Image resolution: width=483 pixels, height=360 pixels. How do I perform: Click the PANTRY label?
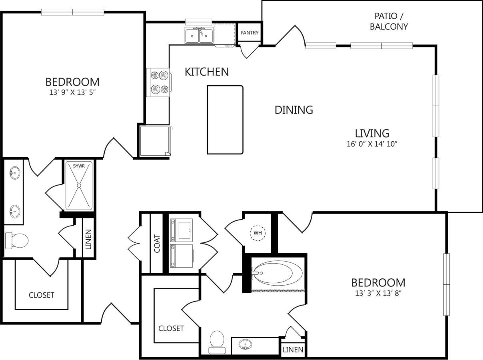point(249,33)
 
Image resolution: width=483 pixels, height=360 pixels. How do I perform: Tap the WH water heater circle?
point(258,232)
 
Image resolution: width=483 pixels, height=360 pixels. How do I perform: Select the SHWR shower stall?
point(79,185)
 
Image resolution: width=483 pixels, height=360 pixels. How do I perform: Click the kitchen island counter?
point(225,120)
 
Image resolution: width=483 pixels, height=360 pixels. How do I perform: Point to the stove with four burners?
point(158,82)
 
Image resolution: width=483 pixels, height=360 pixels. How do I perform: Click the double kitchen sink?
point(199,35)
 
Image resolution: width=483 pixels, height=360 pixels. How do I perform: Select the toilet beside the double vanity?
point(16,240)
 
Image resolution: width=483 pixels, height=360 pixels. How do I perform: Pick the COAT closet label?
point(157,243)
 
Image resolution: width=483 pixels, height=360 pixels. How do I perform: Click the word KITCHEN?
point(207,72)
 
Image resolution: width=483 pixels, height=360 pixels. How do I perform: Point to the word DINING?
point(293,110)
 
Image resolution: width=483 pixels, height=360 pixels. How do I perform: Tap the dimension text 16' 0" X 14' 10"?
point(372,144)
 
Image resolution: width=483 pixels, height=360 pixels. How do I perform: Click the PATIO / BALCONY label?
point(389,22)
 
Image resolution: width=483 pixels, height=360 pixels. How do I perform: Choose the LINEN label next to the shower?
point(88,239)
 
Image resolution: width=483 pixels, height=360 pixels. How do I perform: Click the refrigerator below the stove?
point(155,141)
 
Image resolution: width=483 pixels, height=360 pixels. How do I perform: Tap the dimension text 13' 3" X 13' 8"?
point(378,293)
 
